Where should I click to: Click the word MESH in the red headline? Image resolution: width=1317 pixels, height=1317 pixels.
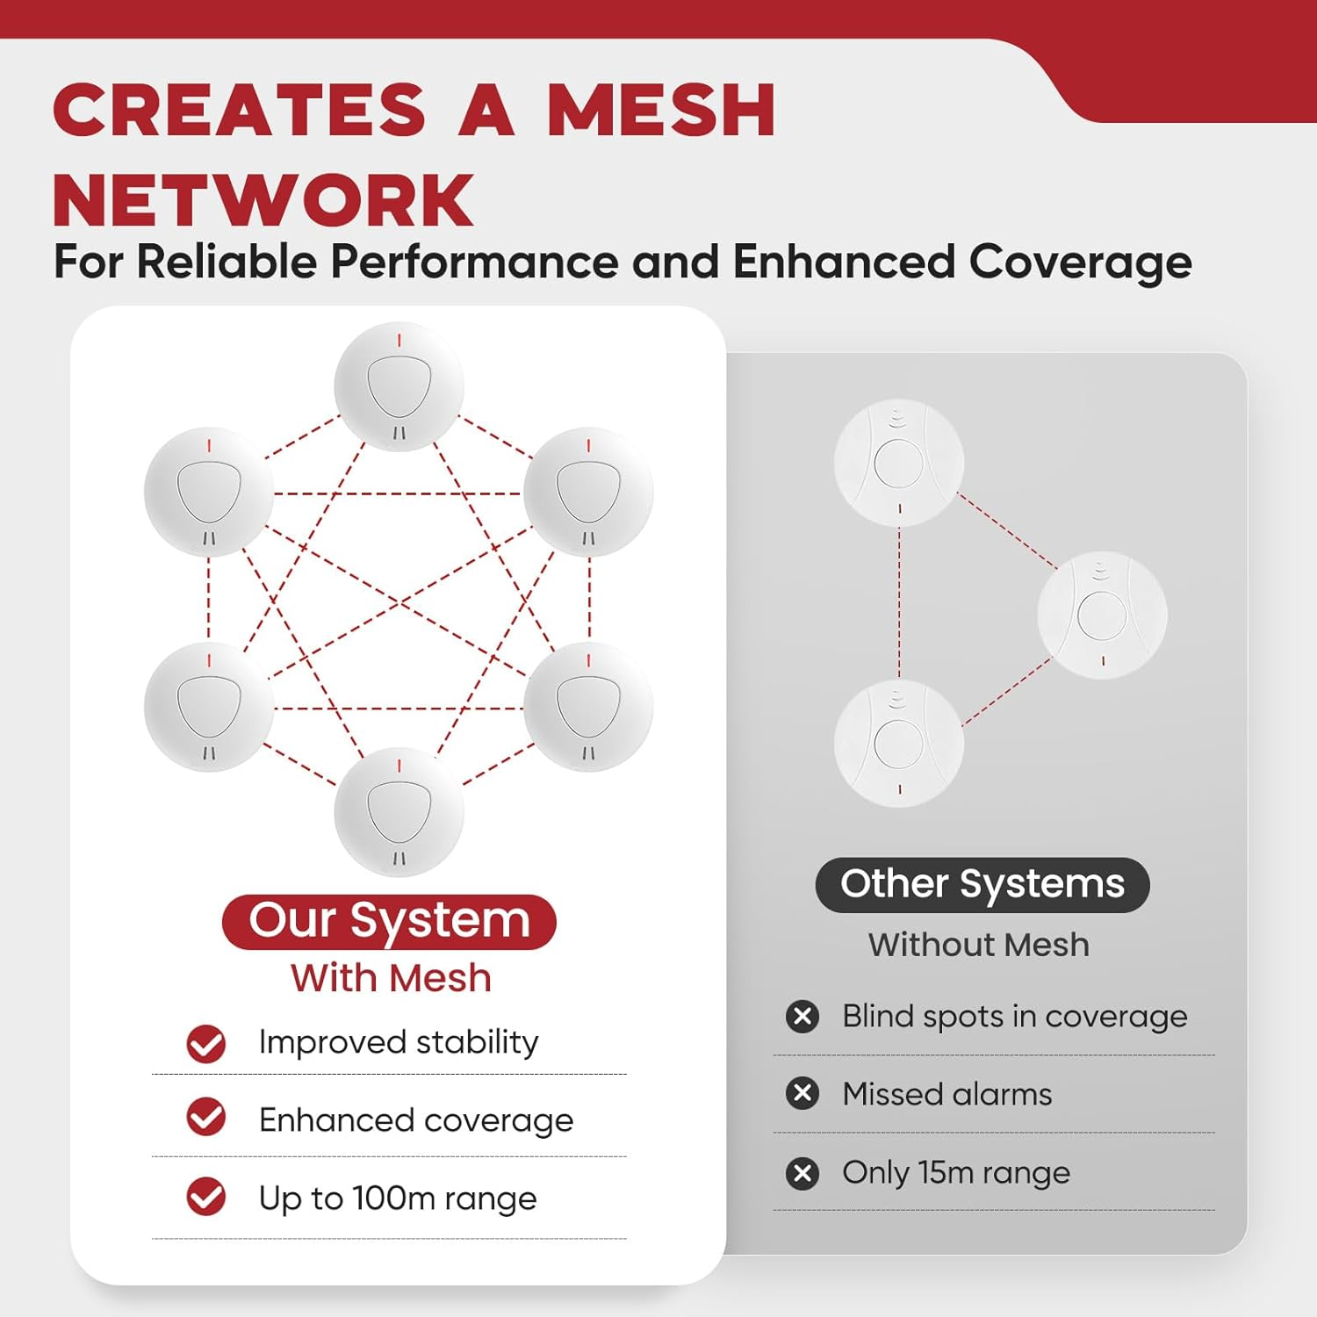tap(661, 111)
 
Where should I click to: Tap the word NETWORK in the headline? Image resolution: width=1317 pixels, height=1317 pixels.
tap(263, 201)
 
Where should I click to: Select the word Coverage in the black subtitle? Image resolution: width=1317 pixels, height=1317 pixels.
tap(1080, 262)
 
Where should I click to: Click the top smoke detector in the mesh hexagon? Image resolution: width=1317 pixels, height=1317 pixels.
tap(399, 387)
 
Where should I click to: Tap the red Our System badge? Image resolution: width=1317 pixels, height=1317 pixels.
tap(389, 921)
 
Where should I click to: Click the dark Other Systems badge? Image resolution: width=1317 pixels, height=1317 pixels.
tap(982, 884)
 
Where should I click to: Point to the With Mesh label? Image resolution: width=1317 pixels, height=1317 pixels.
tap(391, 978)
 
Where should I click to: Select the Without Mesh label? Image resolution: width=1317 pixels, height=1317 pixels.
tap(978, 945)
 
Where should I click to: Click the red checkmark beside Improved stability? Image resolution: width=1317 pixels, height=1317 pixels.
tap(206, 1044)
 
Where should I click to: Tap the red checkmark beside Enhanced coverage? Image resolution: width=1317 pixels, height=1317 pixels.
tap(206, 1117)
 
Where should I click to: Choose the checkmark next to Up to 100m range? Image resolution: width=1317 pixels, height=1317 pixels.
tap(206, 1197)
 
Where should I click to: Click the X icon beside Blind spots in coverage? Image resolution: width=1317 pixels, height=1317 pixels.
tap(802, 1017)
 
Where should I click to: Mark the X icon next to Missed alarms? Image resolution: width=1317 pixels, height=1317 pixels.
tap(802, 1094)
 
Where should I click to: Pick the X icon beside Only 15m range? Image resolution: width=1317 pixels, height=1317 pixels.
tap(802, 1173)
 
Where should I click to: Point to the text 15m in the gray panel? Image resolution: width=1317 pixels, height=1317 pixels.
tap(946, 1172)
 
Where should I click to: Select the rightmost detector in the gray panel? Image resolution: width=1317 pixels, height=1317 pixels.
tap(1102, 615)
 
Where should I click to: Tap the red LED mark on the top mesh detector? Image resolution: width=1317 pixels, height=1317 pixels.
tap(399, 341)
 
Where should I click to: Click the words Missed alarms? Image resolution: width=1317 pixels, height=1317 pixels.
tap(946, 1094)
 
